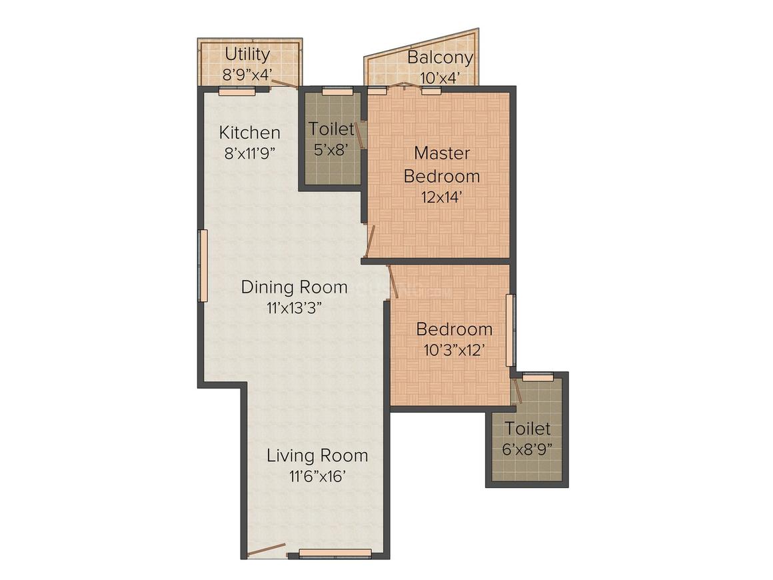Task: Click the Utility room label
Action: pos(247,54)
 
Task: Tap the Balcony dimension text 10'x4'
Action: pos(440,78)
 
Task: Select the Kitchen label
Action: pos(249,132)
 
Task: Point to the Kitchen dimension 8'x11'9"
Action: pos(249,153)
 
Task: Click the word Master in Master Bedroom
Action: pos(442,153)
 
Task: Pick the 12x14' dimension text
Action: pos(442,197)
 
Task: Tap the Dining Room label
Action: pos(295,287)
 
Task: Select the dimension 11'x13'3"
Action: pos(295,308)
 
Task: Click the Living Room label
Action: pos(317,455)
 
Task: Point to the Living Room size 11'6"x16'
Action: pos(317,477)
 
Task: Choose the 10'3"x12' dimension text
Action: pos(454,350)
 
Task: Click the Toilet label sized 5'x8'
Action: pos(331,129)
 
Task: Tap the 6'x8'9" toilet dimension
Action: pos(527,450)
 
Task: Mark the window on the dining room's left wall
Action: pos(203,265)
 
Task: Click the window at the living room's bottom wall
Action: pos(335,554)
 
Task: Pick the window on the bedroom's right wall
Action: pos(510,331)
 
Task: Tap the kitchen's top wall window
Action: pos(237,91)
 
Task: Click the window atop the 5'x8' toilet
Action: pos(338,91)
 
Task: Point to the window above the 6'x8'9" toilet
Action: pos(538,377)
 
